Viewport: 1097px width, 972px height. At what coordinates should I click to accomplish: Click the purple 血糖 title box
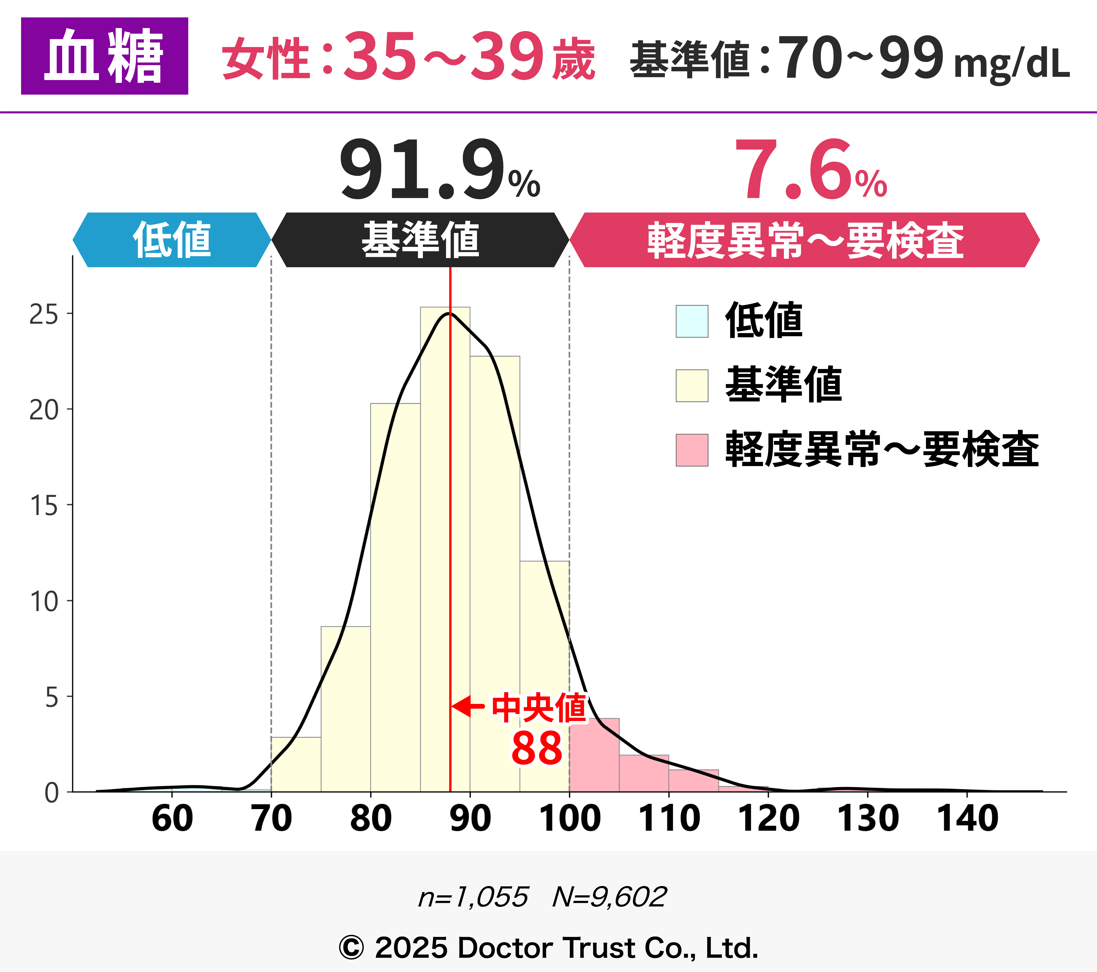[x=105, y=56]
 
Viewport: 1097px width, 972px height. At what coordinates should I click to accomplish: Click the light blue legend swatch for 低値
[x=692, y=321]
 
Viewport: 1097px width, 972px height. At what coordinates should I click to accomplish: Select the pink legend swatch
[x=692, y=450]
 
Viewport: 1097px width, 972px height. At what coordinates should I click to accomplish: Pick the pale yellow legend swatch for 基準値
[x=692, y=386]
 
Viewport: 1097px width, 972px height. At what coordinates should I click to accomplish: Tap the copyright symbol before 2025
[x=351, y=948]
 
